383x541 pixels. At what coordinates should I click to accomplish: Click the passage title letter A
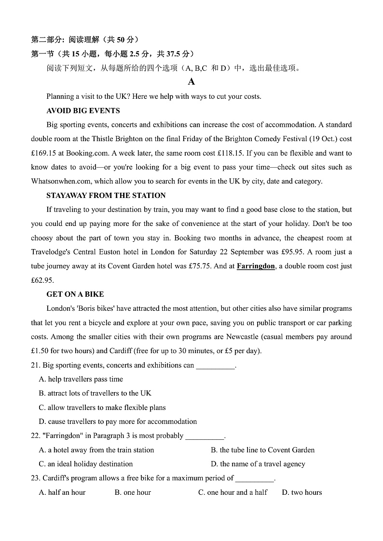tap(191, 82)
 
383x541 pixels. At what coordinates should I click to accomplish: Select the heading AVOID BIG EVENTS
tap(83, 111)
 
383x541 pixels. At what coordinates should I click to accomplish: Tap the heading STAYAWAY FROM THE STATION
tap(106, 196)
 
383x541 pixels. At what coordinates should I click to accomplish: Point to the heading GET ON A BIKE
tap(75, 294)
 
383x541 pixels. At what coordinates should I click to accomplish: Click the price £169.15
tap(43, 153)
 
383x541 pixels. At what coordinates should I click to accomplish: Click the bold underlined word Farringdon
tap(256, 266)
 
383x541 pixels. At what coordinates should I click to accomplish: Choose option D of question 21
tap(118, 422)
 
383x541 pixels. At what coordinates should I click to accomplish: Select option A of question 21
tap(81, 379)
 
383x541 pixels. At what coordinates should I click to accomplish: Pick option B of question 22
tap(262, 450)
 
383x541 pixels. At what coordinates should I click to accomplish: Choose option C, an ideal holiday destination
tap(85, 464)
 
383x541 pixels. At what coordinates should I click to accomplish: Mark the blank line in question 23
tap(255, 479)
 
